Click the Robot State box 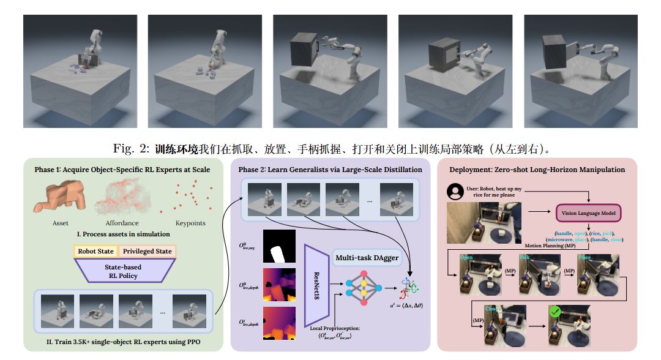[97, 252]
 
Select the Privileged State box [148, 252]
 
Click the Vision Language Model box [589, 213]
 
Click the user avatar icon [455, 192]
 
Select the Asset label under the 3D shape [61, 223]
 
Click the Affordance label [122, 223]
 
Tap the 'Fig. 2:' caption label [131, 149]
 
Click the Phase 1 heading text [121, 169]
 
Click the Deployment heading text [537, 169]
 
